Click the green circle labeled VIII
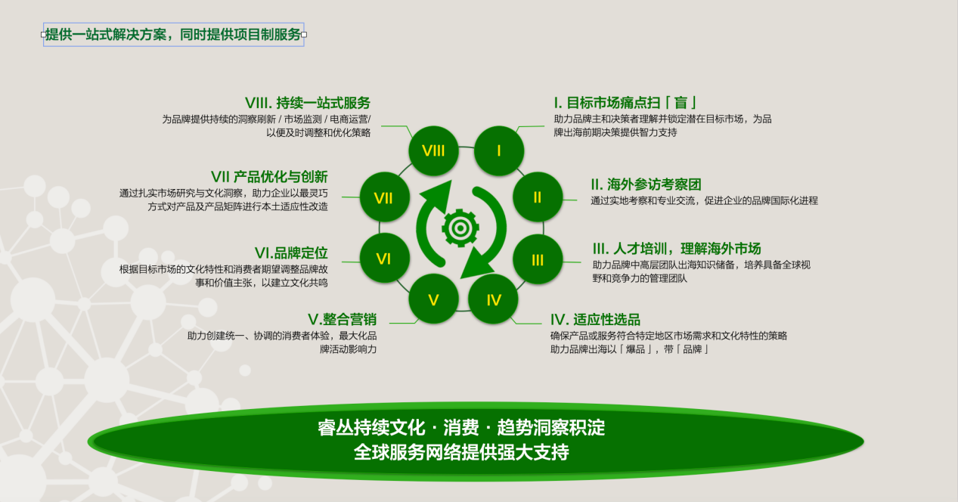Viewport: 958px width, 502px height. [433, 151]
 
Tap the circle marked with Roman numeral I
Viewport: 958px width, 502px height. [499, 151]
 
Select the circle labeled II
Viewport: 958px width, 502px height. [538, 197]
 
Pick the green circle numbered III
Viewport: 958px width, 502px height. [538, 259]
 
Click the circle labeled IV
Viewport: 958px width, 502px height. [494, 299]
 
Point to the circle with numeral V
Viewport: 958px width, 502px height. [433, 299]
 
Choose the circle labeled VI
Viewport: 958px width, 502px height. [384, 259]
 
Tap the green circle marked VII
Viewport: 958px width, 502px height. [384, 197]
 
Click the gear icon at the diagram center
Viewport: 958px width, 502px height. [460, 228]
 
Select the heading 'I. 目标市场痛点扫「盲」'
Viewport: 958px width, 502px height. [625, 103]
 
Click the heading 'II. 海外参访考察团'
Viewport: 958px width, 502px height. [646, 184]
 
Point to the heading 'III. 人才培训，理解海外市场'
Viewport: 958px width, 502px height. [677, 249]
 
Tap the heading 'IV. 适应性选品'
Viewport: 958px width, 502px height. [595, 319]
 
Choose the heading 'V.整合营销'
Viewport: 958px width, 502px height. [342, 319]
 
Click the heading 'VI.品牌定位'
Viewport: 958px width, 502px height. [291, 253]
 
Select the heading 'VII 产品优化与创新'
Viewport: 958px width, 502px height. [269, 177]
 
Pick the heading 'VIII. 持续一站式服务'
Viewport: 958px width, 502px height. [308, 103]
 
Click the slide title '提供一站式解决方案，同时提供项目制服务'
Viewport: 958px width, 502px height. [173, 34]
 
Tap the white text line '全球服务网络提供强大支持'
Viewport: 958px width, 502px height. [461, 452]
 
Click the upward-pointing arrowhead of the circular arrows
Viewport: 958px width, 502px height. [439, 195]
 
